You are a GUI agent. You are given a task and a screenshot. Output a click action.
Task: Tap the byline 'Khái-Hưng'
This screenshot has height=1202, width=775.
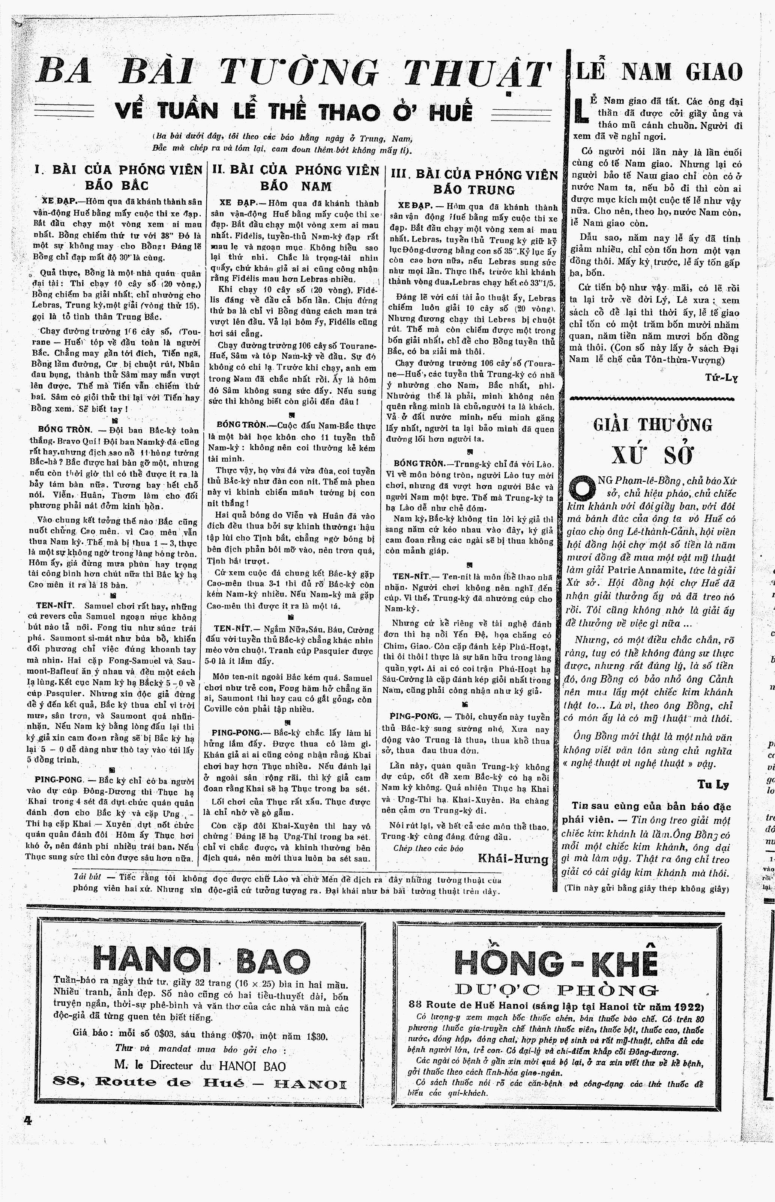click(x=512, y=859)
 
